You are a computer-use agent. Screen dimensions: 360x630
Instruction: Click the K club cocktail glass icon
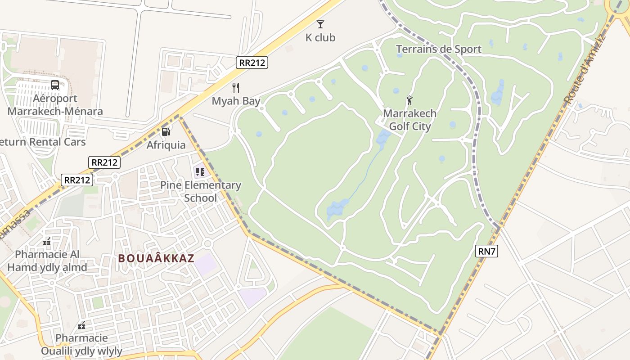pos(320,24)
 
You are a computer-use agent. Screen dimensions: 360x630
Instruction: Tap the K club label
pos(320,38)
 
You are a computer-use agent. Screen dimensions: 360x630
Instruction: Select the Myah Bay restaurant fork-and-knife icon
pos(236,87)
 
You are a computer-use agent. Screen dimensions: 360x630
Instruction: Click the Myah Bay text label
pos(236,101)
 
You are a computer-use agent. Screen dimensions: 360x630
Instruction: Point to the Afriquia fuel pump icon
pos(166,131)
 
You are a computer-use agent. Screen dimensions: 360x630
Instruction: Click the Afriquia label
pos(166,145)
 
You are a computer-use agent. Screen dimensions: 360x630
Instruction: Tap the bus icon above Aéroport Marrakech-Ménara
pos(55,85)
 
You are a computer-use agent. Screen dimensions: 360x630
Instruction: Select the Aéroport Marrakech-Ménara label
pos(55,105)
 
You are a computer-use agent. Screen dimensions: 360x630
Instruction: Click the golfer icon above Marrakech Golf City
pos(409,100)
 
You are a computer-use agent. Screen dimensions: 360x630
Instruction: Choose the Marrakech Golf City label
pos(409,120)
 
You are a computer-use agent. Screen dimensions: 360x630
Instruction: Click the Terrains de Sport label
pos(438,49)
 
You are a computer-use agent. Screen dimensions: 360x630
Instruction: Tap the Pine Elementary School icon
pos(200,171)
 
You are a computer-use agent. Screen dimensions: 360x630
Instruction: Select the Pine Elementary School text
pos(201,191)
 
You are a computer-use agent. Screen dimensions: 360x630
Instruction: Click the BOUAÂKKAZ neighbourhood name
pos(156,258)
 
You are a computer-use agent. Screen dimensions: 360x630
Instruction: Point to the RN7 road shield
pos(486,251)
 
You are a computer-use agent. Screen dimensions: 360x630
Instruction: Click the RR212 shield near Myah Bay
pos(252,63)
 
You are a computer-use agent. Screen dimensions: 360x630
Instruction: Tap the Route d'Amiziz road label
pos(585,69)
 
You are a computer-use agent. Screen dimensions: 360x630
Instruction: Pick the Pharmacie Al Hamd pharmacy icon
pos(47,242)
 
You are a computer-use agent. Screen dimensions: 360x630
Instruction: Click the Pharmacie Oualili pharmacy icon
pos(81,325)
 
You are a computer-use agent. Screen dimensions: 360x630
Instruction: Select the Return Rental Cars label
pos(43,142)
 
